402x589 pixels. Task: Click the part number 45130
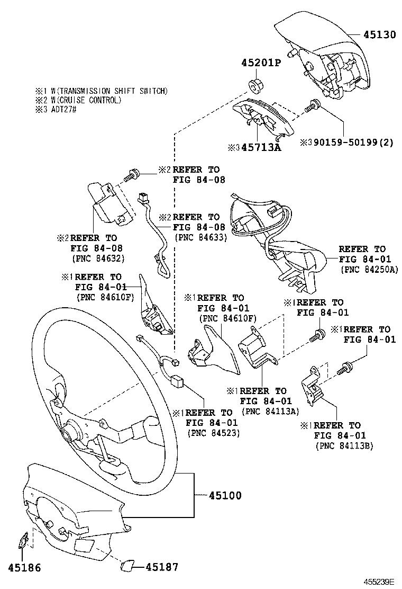coord(379,34)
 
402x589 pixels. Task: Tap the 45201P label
coord(261,63)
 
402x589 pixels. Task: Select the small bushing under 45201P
coord(256,86)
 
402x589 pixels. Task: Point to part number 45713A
coord(261,147)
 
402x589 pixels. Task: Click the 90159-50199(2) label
coord(354,142)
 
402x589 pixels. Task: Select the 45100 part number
coord(225,495)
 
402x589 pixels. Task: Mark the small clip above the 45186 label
coord(23,540)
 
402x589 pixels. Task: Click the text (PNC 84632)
coord(98,258)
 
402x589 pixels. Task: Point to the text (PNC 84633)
coord(200,237)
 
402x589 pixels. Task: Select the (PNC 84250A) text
coord(369,269)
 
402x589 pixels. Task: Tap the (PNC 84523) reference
coord(213,433)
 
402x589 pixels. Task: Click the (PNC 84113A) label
coord(270,412)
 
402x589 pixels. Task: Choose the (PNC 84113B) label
coord(344,446)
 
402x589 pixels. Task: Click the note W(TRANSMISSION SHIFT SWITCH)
coord(109,91)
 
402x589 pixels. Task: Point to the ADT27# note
coord(64,110)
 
